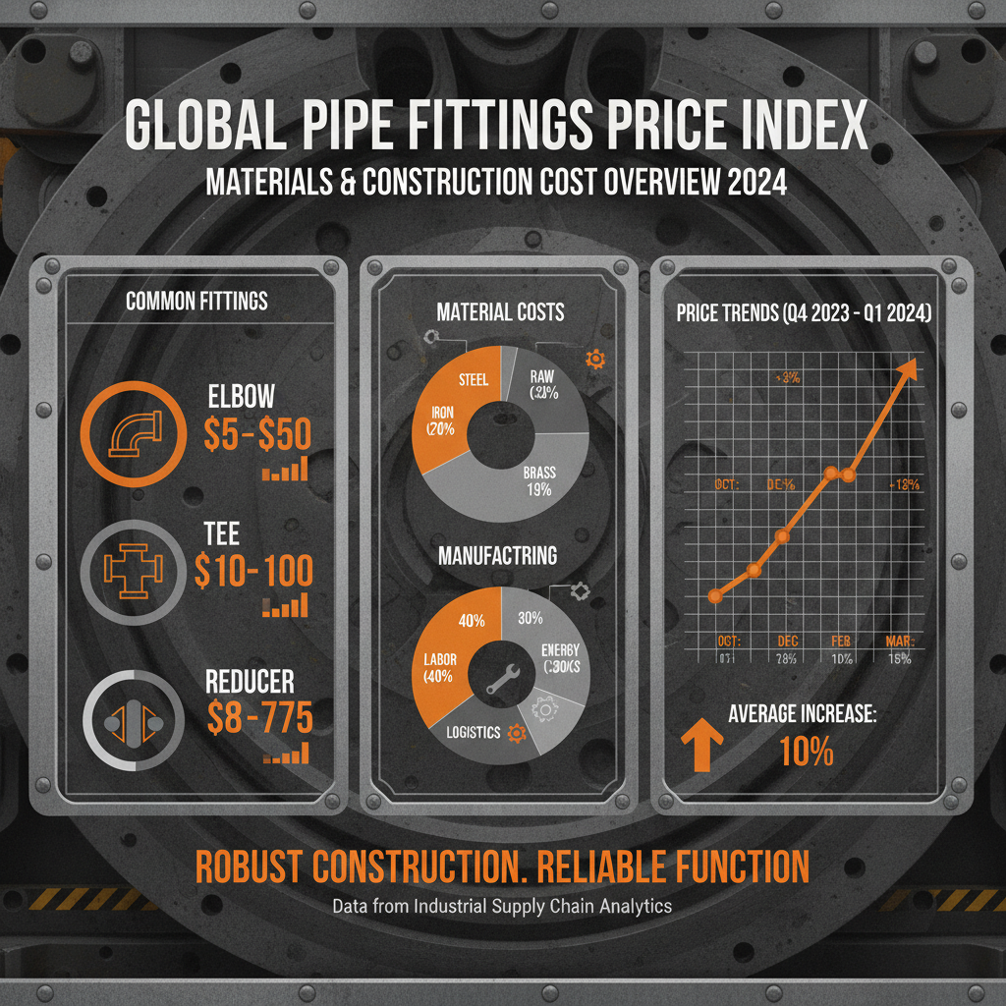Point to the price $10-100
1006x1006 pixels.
click(253, 571)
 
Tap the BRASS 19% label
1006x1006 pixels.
click(538, 481)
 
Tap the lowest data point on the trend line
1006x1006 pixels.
click(715, 595)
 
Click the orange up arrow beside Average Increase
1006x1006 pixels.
click(701, 746)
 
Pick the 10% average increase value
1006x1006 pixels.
click(806, 752)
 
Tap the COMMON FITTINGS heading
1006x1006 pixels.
click(196, 301)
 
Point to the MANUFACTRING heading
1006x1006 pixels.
click(497, 555)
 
